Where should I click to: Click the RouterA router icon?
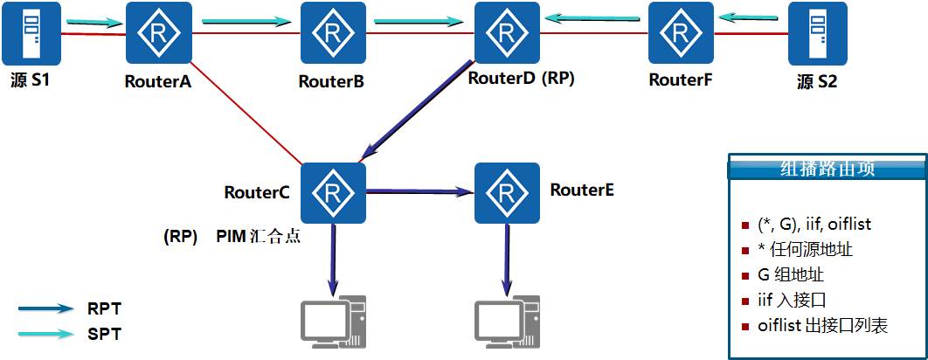click(x=158, y=33)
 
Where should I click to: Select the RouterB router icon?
click(x=332, y=33)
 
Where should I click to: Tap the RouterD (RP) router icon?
click(x=507, y=33)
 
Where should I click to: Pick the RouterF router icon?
click(x=681, y=33)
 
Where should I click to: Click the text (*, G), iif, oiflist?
click(x=814, y=225)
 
